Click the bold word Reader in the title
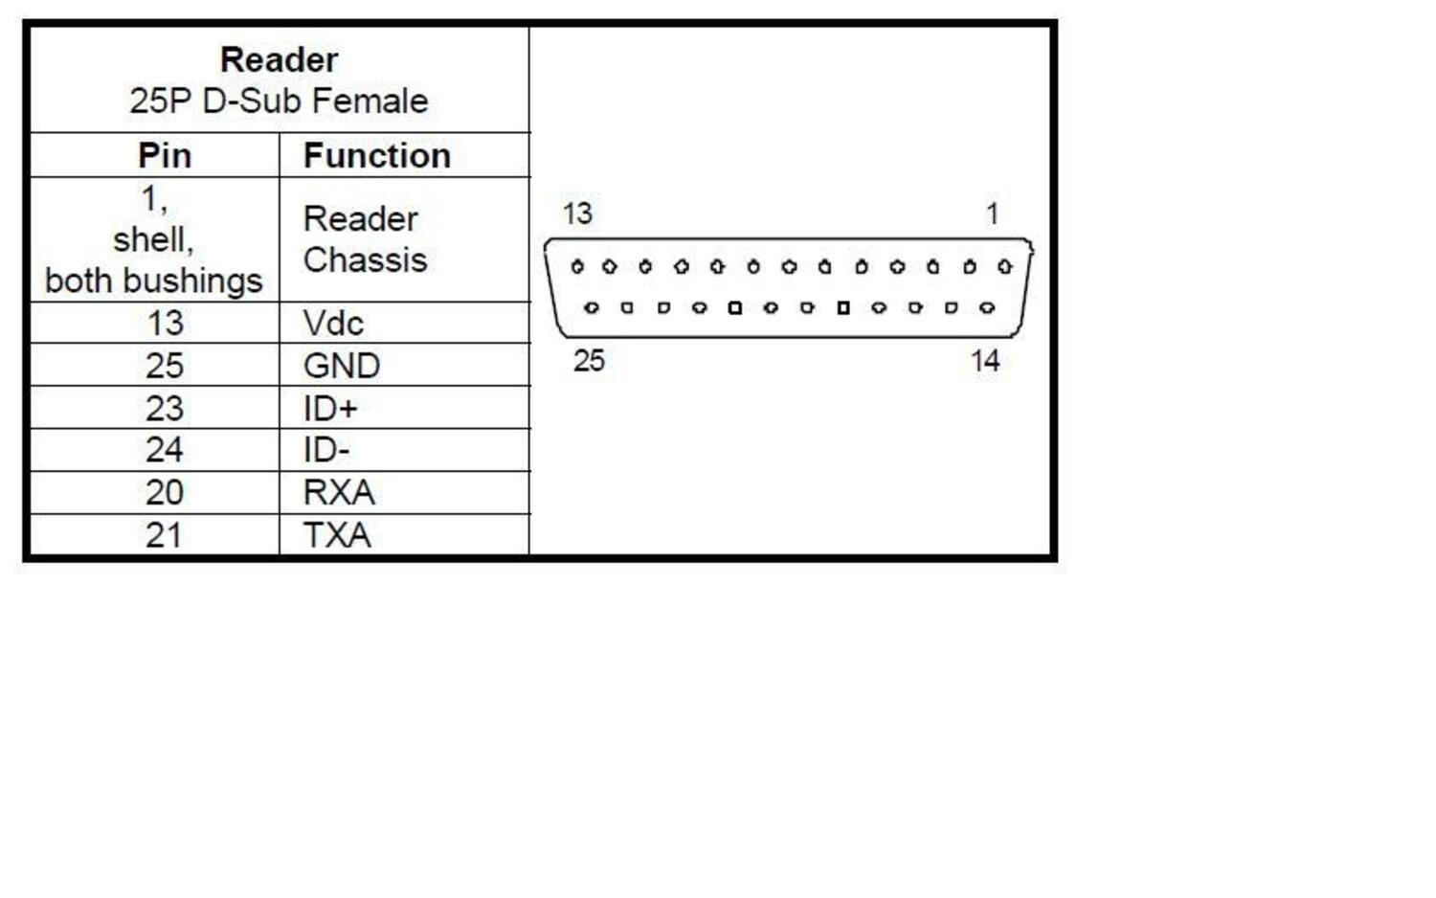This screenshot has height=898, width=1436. [279, 60]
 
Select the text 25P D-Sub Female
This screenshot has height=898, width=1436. [279, 101]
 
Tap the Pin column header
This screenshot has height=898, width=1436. [165, 156]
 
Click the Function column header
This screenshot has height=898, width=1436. [377, 156]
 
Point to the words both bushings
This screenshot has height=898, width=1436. [154, 281]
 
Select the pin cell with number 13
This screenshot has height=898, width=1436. [165, 323]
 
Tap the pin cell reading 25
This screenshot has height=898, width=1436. [165, 366]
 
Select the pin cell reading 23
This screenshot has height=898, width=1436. [165, 408]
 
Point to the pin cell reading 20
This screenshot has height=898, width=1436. [165, 493]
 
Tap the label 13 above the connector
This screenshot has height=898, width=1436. [577, 214]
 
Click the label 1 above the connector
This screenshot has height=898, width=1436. [993, 214]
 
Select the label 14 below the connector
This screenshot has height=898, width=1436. [985, 361]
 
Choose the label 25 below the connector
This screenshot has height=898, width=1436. [589, 361]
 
